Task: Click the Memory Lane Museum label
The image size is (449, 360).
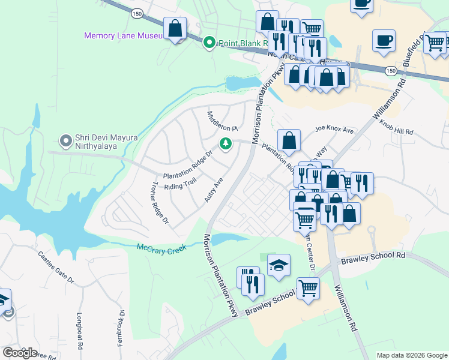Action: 123,35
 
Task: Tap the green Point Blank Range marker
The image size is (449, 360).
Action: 209,43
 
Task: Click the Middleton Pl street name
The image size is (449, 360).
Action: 223,121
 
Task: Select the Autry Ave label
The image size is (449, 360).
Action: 214,190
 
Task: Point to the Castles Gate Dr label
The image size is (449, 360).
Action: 55,268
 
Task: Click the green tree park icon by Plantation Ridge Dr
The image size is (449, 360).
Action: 226,144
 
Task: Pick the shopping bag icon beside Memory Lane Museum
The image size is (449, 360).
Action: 175,28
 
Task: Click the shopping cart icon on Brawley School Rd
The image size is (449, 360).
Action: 308,288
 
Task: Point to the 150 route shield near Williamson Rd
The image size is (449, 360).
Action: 391,71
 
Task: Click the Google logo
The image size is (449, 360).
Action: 20,353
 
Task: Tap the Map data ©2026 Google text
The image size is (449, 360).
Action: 411,355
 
